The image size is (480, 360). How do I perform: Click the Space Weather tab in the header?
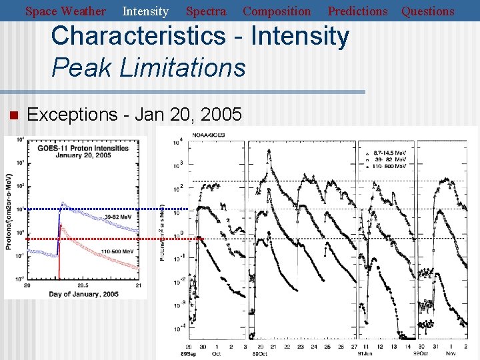coord(65,11)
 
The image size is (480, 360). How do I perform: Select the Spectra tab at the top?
coord(205,11)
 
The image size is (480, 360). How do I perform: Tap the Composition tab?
coord(277,11)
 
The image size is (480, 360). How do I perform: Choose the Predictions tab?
coord(357,11)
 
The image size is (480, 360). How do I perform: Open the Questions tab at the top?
coord(427,11)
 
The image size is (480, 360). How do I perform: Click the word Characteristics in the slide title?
coord(137,37)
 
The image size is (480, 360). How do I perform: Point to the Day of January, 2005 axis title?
coord(83,294)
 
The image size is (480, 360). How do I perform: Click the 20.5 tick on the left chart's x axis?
coord(83,285)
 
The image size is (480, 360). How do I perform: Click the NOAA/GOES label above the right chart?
coord(209,135)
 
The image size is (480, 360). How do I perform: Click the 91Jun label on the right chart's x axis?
coord(367,353)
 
